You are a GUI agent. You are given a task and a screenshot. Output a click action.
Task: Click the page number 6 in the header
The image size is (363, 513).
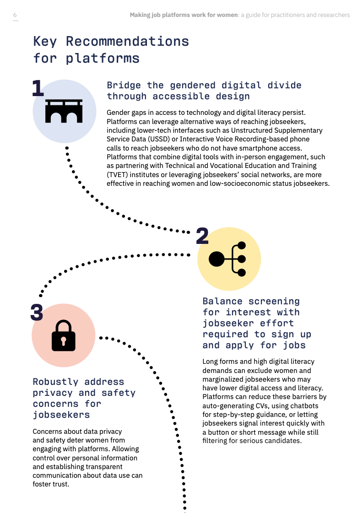click(15, 15)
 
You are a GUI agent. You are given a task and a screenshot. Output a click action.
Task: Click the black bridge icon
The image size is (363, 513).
click(64, 111)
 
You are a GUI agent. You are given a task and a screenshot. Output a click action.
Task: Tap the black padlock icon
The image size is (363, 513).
click(64, 335)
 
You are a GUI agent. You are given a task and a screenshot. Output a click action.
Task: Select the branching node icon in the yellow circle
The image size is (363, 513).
click(227, 259)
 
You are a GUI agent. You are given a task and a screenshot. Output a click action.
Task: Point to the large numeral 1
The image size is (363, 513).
click(38, 88)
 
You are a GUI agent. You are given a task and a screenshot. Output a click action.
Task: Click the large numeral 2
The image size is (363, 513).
click(202, 236)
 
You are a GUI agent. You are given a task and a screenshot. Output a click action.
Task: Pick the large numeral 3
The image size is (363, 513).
click(37, 312)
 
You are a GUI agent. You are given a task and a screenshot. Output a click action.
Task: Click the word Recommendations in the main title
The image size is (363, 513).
click(127, 42)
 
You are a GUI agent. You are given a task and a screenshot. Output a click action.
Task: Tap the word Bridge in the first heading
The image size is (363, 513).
click(124, 86)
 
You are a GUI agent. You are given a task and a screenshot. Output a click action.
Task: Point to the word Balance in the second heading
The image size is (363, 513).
click(222, 301)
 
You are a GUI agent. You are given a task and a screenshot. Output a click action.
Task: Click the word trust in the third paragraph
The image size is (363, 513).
click(60, 484)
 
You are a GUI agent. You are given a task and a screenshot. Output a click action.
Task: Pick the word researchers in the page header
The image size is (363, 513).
click(334, 15)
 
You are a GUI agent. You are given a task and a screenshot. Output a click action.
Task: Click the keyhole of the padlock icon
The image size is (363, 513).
click(64, 341)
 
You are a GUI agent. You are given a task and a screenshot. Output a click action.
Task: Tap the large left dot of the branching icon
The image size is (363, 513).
click(217, 259)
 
